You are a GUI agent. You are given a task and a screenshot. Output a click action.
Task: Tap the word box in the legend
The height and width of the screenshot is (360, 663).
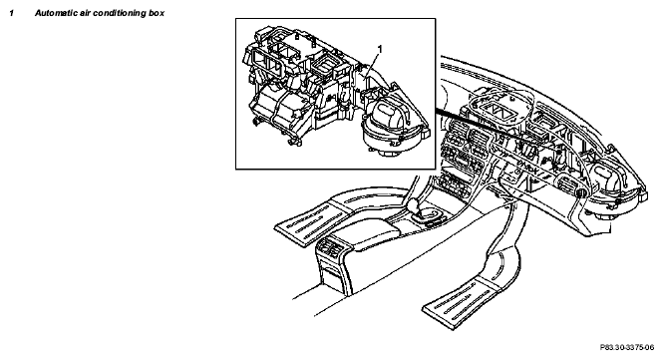[157, 13]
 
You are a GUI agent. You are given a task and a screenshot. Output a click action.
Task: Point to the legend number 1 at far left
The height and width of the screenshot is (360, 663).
[12, 13]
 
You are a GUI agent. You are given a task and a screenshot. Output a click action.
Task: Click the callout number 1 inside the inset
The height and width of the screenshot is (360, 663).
[380, 50]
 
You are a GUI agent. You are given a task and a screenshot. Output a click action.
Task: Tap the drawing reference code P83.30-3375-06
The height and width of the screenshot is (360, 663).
[627, 348]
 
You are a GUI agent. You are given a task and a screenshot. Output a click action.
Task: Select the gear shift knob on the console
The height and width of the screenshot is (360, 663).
[415, 204]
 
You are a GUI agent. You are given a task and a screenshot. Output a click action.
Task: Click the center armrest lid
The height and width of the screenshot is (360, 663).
[366, 234]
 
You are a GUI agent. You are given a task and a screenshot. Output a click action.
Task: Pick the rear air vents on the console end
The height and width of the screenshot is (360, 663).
[332, 248]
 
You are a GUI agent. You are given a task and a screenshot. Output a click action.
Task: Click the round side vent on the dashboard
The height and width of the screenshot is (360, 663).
[580, 193]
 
